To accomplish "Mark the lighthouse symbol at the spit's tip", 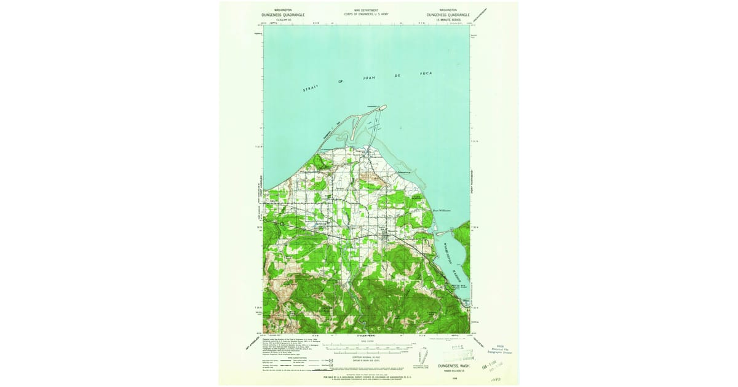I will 385,106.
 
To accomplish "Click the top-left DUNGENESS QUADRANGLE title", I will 284,14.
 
